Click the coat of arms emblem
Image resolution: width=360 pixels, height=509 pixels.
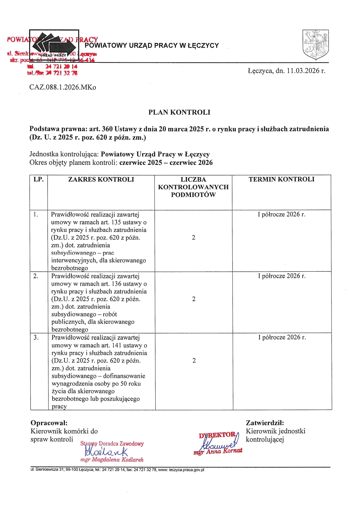click(x=315, y=44)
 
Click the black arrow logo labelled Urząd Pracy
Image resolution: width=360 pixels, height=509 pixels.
click(x=54, y=45)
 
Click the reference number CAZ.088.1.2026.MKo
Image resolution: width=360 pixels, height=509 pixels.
click(x=63, y=87)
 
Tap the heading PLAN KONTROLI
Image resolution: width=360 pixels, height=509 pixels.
click(x=179, y=112)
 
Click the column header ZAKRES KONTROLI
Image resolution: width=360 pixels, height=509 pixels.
click(x=101, y=179)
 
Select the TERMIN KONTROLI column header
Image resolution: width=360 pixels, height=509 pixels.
click(x=281, y=179)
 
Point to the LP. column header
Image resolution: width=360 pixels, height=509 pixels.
click(x=39, y=179)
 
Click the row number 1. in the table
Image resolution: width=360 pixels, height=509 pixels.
click(x=36, y=215)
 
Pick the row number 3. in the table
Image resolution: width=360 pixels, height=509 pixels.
click(x=36, y=337)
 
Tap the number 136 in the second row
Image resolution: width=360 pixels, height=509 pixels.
click(x=117, y=284)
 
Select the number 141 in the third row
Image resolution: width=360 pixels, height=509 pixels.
click(x=117, y=345)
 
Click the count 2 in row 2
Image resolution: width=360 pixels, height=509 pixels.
click(x=194, y=299)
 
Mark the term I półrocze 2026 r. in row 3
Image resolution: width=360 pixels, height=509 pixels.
click(x=282, y=337)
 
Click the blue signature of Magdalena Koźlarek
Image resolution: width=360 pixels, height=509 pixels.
click(x=106, y=451)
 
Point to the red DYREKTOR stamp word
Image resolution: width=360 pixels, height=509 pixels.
click(x=217, y=435)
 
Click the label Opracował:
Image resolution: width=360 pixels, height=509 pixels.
click(x=49, y=423)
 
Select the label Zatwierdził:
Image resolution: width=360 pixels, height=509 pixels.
click(x=264, y=423)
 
